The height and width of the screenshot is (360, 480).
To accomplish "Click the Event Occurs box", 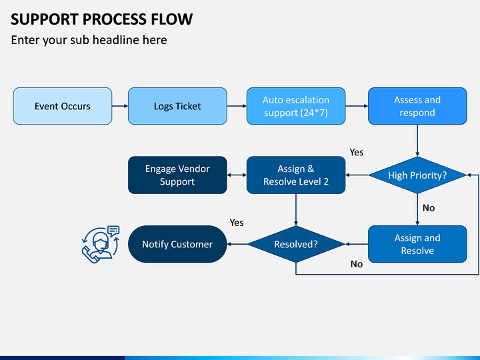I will point(63,106).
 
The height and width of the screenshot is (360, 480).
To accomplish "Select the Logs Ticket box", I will point(177,106).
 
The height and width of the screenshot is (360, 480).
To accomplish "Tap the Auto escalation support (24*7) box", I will point(296,106).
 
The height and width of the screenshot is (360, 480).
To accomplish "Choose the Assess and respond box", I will point(417,106).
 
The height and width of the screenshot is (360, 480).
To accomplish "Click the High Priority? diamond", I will point(417,175).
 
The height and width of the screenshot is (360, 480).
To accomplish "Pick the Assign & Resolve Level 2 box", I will point(296,175).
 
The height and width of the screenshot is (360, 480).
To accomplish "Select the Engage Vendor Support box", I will point(177,175).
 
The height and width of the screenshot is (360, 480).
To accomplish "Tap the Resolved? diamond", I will point(296,244).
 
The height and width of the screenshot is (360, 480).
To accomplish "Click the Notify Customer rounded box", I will point(177,244).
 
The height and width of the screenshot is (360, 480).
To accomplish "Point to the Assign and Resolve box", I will point(417,244).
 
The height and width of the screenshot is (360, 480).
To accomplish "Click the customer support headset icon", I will point(100,243).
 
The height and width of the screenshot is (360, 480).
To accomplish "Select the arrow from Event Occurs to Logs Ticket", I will point(119,106).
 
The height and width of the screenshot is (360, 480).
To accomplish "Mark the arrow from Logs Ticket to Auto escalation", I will point(237,106).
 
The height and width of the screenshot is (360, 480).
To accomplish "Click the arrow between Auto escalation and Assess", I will point(357,106).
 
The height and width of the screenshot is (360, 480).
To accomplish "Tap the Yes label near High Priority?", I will point(357,152).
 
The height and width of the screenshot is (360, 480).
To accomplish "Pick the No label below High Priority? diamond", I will point(429,208).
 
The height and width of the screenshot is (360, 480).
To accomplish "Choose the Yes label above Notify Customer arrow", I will point(237,222).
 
